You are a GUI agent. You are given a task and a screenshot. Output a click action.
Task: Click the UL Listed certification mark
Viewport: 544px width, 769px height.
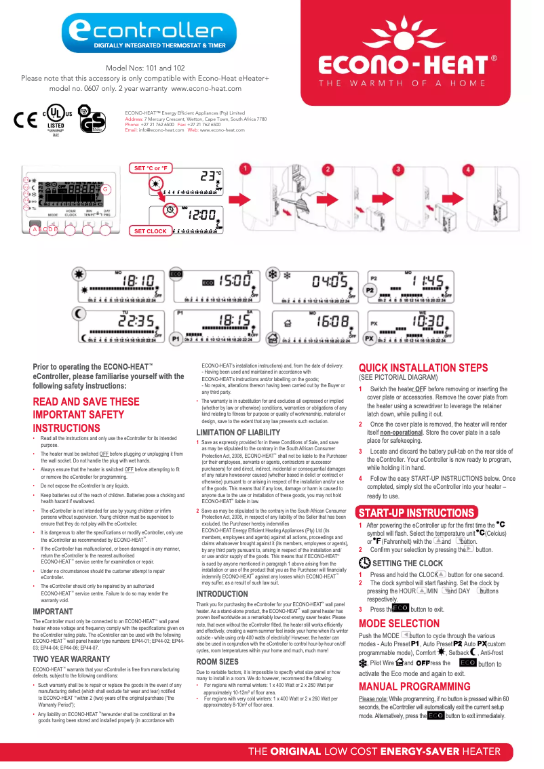pos(56,119)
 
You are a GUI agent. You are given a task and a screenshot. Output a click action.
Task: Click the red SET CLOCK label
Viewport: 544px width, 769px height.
pos(150,231)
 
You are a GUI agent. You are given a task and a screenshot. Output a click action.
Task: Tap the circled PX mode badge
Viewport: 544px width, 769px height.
pos(370,338)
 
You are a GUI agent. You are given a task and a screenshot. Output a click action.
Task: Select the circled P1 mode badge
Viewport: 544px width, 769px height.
pos(175,338)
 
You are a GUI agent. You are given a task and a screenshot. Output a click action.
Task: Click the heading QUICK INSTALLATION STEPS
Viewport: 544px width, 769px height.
pos(423,368)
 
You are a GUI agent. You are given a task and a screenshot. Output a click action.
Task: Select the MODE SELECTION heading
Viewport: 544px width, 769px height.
pos(399,623)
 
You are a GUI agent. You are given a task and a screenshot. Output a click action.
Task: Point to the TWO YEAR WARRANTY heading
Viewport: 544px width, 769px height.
pos(71,658)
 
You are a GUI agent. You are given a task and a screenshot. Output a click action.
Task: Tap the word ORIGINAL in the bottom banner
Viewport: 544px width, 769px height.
pos(296,751)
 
